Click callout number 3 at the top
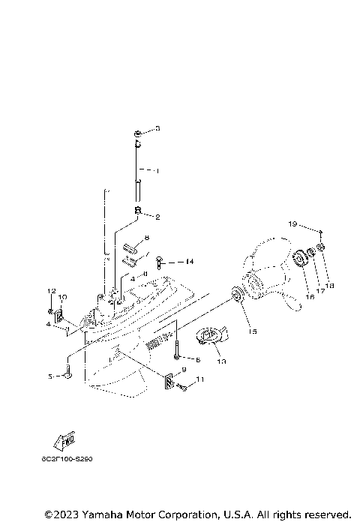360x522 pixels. (158, 129)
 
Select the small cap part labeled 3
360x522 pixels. (139, 133)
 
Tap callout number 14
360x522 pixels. (190, 262)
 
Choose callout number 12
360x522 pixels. (52, 290)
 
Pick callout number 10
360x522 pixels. (62, 297)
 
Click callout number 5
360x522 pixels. (51, 376)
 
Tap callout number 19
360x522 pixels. (292, 223)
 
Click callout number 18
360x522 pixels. (329, 285)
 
